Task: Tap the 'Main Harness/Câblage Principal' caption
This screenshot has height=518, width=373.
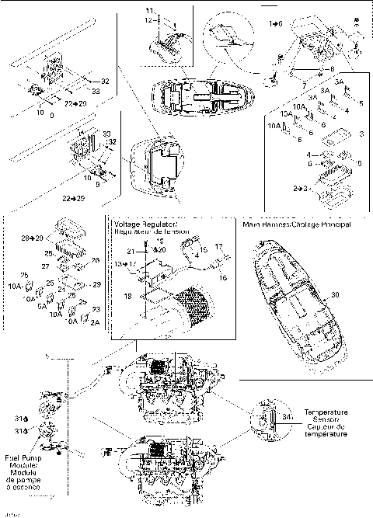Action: [x=297, y=224]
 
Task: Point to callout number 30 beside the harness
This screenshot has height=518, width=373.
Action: [x=314, y=295]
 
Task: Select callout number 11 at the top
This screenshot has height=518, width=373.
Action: [x=150, y=11]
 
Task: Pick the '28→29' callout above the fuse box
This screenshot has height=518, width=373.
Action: [x=32, y=236]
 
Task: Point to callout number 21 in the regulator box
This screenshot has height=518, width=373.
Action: [x=131, y=250]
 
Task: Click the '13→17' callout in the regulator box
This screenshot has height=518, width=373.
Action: [x=125, y=264]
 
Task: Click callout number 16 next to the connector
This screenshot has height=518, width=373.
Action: [x=223, y=276]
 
